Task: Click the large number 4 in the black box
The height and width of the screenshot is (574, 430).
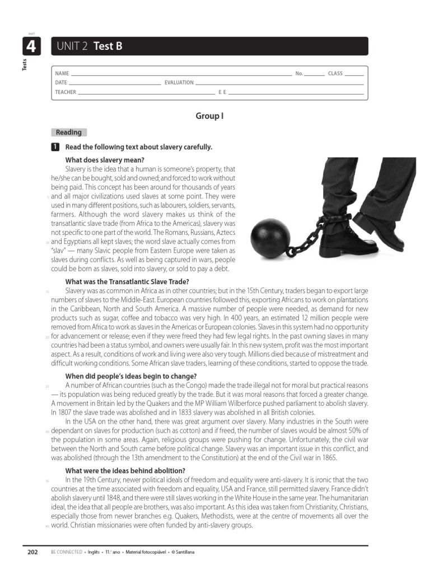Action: (x=31, y=47)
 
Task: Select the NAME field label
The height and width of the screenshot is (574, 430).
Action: (x=62, y=73)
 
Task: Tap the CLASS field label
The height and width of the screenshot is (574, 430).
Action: (x=335, y=73)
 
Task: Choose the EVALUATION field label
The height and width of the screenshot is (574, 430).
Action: (x=179, y=82)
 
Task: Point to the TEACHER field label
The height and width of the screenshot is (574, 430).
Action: (x=66, y=92)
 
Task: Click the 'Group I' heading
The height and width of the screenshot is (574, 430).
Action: (x=209, y=116)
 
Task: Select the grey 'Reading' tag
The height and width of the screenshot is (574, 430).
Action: (x=68, y=132)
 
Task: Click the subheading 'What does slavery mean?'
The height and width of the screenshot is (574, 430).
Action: (x=105, y=160)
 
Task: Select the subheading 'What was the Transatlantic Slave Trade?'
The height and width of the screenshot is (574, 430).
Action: (x=127, y=281)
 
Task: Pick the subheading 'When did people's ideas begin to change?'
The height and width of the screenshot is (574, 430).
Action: (x=131, y=376)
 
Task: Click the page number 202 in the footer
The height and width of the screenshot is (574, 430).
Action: (x=32, y=552)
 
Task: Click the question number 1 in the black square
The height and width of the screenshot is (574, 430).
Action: (x=55, y=147)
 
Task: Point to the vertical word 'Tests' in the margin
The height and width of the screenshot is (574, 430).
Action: (x=24, y=65)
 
